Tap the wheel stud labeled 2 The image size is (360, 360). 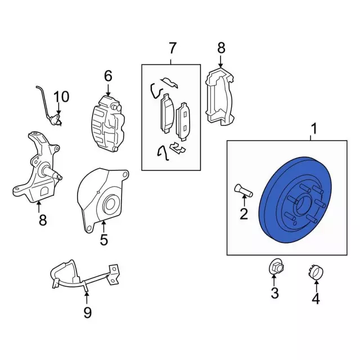tap(241, 191)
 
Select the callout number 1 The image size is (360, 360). tap(314, 129)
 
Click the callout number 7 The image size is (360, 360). tap(172, 48)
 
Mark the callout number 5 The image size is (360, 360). tap(104, 240)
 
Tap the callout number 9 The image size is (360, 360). tap(87, 312)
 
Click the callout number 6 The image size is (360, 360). tap(107, 75)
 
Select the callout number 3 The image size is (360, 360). tap(274, 292)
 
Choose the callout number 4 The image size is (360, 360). tap(316, 299)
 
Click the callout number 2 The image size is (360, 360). tap(244, 213)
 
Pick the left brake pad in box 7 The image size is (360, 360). tap(167, 113)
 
